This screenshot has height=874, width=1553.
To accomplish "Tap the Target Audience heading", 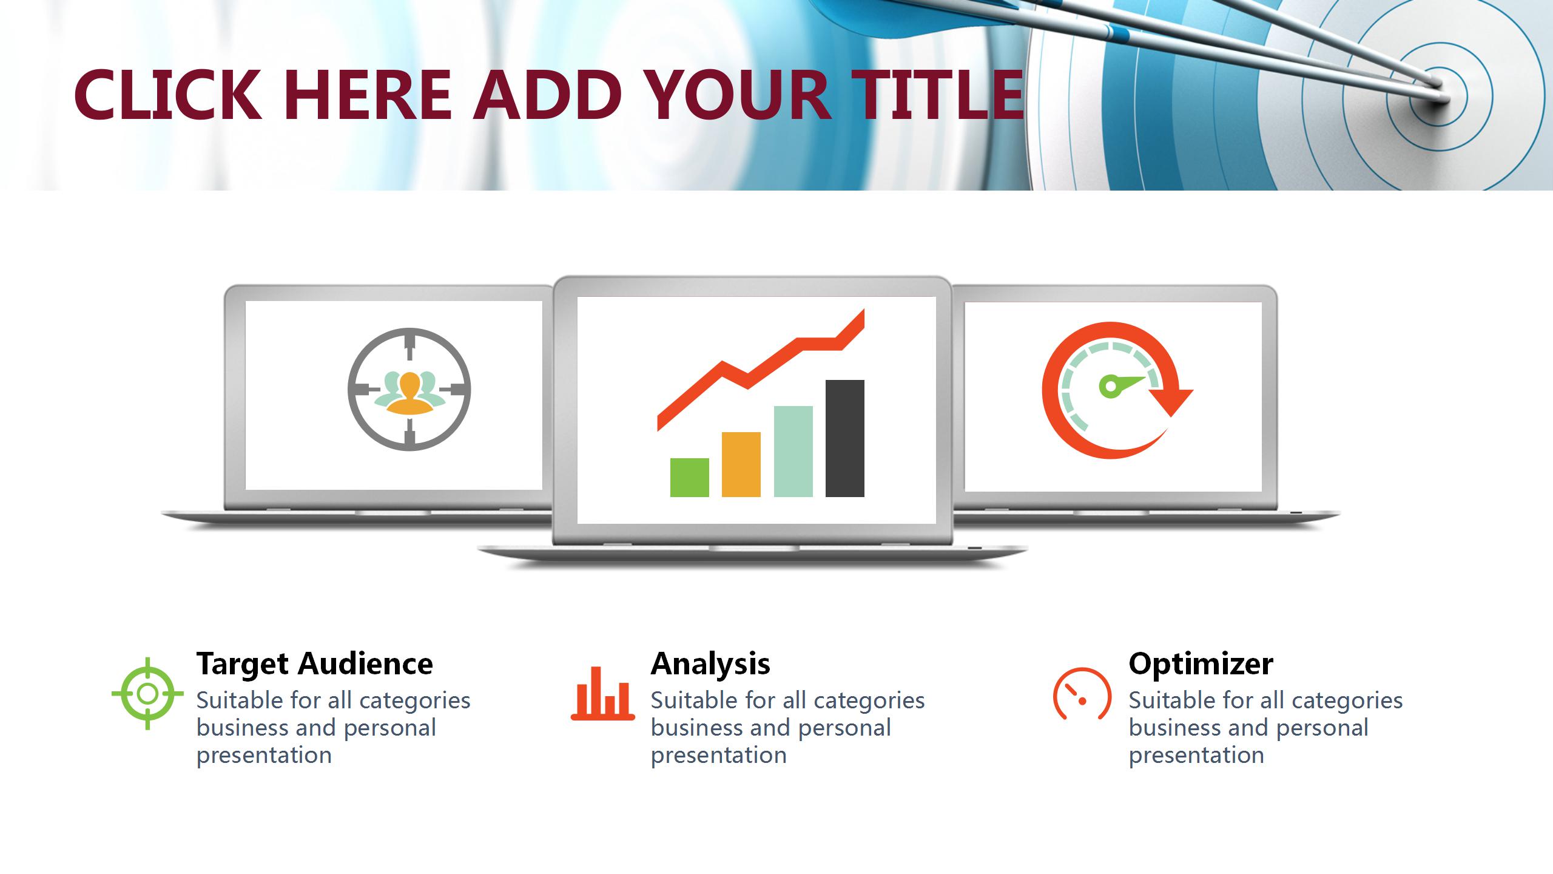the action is (315, 664).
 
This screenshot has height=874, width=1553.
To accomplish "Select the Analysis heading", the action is (710, 664).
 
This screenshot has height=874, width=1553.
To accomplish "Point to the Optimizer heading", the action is (1201, 664).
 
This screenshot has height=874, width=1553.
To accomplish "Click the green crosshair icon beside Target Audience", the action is (147, 693).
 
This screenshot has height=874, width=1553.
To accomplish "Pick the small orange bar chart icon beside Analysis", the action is (603, 693).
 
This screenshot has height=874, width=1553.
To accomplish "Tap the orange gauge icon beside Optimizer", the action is (1082, 693).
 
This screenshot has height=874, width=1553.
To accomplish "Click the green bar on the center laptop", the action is (690, 478).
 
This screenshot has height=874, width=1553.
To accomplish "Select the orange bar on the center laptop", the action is (741, 464).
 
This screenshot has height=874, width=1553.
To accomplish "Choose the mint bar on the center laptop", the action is (793, 452).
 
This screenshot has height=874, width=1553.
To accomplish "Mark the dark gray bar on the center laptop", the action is (845, 439).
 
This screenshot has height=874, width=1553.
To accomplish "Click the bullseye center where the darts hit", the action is (1439, 96).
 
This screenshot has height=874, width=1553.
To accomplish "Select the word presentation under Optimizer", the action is (1196, 755).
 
